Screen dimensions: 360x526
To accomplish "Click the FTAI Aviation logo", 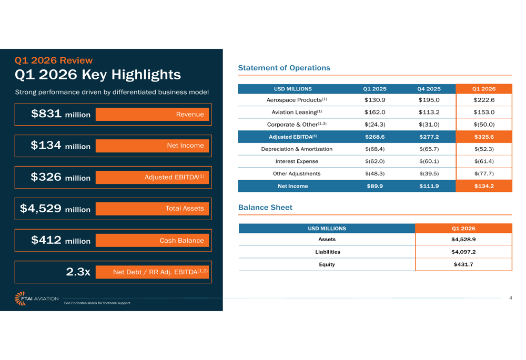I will click(36, 299).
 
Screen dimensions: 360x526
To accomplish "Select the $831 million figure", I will click(60, 114).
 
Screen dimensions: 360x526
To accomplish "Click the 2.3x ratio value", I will click(78, 272).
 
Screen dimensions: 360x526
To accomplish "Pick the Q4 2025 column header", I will click(429, 89).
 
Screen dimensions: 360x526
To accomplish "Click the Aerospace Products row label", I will click(297, 100).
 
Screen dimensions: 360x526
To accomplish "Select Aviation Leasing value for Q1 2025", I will click(375, 112).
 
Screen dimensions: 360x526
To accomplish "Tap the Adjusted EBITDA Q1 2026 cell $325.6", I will click(483, 137).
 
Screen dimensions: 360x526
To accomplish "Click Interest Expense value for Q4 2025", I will click(429, 161).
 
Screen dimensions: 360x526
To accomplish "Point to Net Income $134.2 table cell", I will click(483, 186).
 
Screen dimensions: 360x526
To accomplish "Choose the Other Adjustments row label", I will click(297, 173).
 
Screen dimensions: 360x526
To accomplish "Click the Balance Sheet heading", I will click(265, 208).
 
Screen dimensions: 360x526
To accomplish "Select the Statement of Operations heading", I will click(284, 68).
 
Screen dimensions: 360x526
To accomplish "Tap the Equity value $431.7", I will click(463, 264).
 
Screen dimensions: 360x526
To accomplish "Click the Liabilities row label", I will click(327, 252).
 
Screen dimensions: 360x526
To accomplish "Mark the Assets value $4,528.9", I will click(463, 239).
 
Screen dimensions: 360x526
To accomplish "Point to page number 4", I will click(510, 298).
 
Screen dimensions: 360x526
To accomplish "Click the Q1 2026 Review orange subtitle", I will click(54, 60).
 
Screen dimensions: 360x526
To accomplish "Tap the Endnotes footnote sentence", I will click(97, 303).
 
